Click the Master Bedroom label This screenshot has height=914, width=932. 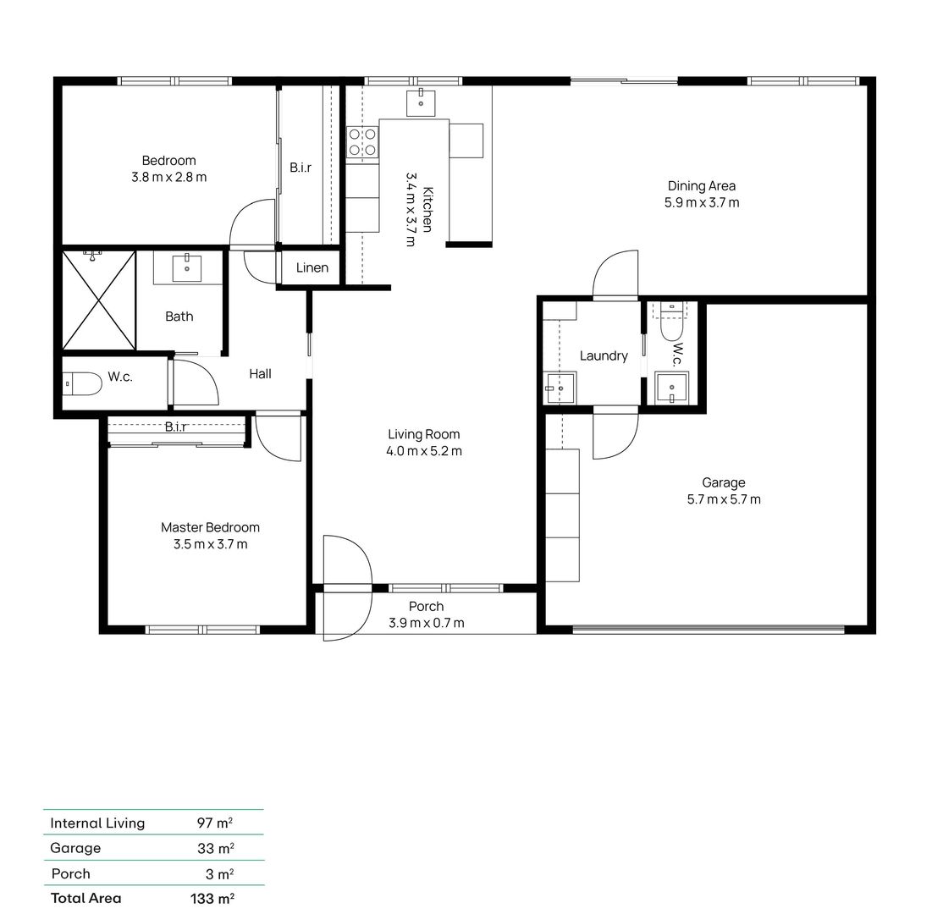(210, 527)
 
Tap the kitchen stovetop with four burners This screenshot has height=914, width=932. (362, 141)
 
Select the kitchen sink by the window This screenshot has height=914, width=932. (421, 102)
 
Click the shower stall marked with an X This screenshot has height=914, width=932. (99, 300)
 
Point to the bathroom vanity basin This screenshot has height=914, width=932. (187, 268)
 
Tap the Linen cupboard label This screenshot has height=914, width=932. (312, 268)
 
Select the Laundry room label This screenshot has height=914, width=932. (604, 355)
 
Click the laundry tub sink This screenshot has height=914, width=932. (559, 389)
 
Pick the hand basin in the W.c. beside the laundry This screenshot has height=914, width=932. (672, 388)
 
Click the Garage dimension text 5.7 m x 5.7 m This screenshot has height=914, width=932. (724, 499)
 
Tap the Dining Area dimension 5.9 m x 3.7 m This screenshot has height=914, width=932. (702, 203)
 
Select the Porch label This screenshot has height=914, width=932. (426, 606)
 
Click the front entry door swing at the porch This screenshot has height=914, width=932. (348, 584)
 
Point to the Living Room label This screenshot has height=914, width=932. (423, 434)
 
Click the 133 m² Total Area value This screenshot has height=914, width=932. (212, 899)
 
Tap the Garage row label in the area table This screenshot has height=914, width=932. (75, 848)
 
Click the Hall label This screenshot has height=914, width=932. (260, 373)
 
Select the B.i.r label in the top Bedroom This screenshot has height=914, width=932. (301, 168)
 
